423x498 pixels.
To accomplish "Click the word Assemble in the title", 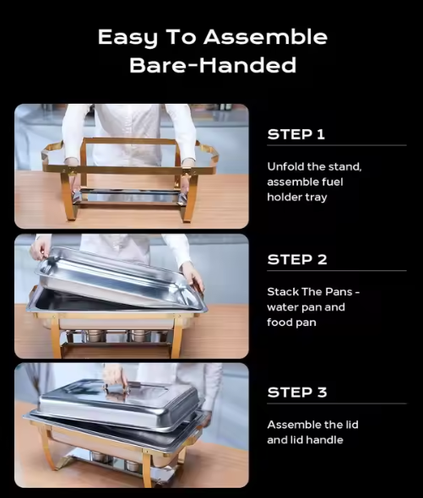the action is click(265, 37).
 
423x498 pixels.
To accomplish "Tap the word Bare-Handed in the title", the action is click(213, 65).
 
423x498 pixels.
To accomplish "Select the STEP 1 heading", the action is click(296, 134).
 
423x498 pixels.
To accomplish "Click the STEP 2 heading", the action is click(297, 259).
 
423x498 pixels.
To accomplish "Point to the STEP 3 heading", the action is click(297, 392).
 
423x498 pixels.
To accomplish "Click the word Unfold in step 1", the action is click(285, 166).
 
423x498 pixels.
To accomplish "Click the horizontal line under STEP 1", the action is click(337, 145).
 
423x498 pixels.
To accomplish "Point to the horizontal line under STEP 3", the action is click(337, 403).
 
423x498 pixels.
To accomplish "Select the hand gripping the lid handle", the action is click(114, 376).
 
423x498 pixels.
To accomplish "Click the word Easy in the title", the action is click(127, 37).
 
